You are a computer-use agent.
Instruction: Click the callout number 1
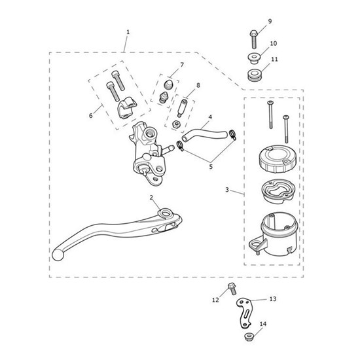[128, 32]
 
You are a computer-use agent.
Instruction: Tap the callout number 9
[270, 21]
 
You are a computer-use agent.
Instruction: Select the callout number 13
[273, 299]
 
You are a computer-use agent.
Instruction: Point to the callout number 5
[211, 166]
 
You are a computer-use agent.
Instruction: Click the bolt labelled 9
[253, 39]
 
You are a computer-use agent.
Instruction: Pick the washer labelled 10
[253, 58]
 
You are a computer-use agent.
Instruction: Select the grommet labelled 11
[255, 75]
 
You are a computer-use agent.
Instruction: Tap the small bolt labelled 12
[232, 289]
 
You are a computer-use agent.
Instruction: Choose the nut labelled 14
[249, 337]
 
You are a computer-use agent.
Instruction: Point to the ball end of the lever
[58, 255]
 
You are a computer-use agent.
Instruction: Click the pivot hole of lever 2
[166, 213]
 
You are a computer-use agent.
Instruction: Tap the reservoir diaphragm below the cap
[278, 190]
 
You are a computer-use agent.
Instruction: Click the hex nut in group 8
[176, 124]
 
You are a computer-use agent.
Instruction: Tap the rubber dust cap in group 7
[168, 84]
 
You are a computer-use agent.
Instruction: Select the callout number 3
[227, 190]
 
